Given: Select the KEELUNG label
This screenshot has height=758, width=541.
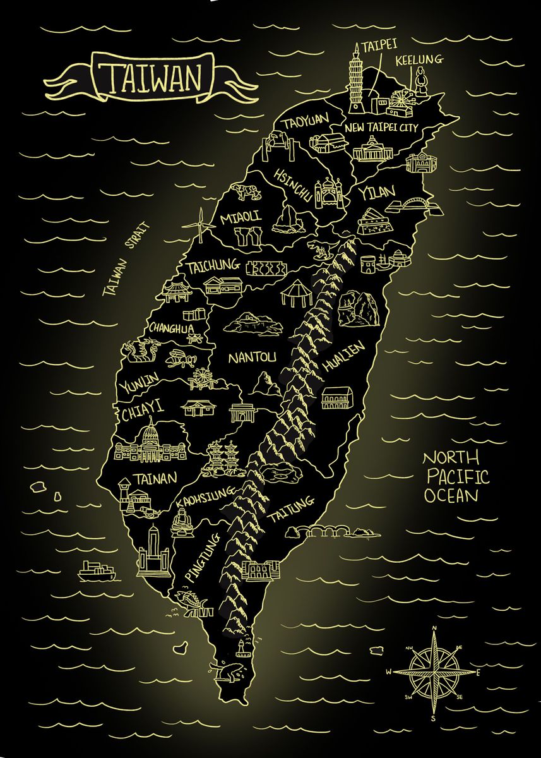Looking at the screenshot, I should (419, 60).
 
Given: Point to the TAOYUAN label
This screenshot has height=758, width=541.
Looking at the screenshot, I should (306, 121).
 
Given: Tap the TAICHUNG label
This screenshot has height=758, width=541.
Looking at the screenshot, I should (213, 266).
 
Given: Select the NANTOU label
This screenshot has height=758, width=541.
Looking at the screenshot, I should (252, 358).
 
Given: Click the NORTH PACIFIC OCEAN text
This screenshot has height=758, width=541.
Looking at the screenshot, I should (452, 476).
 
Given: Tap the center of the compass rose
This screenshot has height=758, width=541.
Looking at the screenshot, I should (434, 671).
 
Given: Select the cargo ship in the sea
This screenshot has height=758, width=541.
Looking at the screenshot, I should (97, 571).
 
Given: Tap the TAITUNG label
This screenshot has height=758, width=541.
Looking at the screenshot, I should (291, 510).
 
